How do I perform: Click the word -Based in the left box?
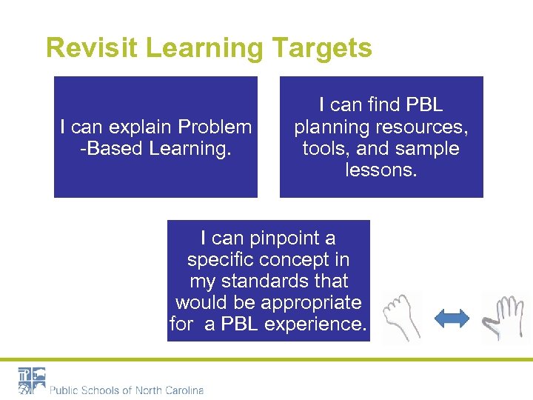111,148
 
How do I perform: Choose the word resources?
425,127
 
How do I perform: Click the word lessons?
381,170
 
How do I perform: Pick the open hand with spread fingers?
506,317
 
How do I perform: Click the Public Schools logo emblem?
32,380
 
